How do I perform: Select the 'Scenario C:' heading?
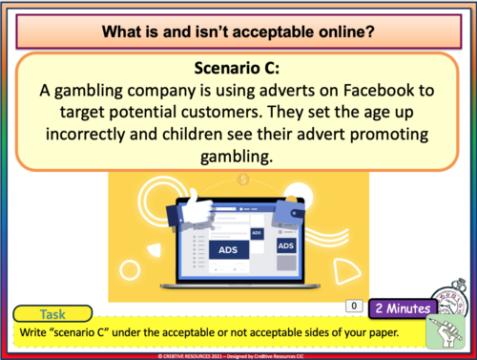click(238, 69)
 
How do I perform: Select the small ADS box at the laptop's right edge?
click(286, 245)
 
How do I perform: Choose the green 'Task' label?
click(52, 313)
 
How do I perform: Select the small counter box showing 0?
click(352, 307)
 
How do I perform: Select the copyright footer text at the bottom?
click(238, 354)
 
